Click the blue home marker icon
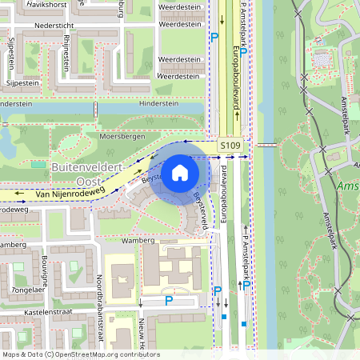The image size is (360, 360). [x=180, y=172]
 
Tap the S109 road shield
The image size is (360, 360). [x=230, y=146]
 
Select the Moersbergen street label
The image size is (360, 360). [x=122, y=137]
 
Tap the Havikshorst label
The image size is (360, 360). [x=46, y=4]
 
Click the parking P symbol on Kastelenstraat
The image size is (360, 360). [x=169, y=301]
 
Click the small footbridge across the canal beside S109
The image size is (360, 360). [x=267, y=146]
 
